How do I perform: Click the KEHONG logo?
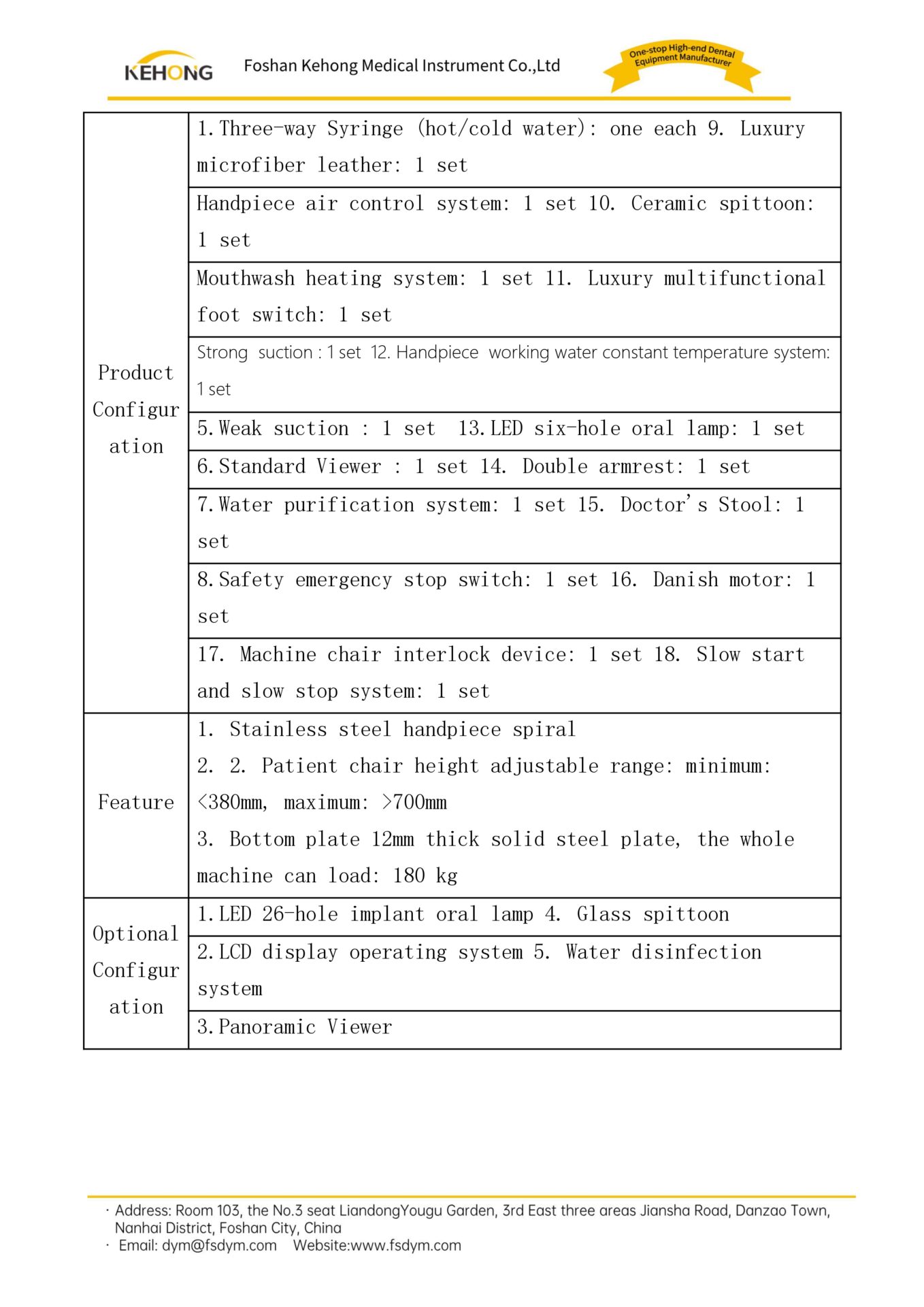(x=168, y=67)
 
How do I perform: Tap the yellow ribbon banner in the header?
(x=682, y=65)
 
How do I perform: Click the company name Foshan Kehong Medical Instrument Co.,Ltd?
(x=401, y=66)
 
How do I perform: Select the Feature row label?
(x=136, y=803)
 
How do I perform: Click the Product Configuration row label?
(x=136, y=409)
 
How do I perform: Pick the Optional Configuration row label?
(x=136, y=970)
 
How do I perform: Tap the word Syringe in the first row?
(x=365, y=129)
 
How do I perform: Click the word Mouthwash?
(x=246, y=278)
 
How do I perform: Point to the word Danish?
(x=685, y=580)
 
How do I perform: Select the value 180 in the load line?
(x=408, y=876)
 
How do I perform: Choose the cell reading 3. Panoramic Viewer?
(x=295, y=1027)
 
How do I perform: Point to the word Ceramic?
(x=668, y=204)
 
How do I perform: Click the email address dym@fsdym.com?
(x=219, y=1246)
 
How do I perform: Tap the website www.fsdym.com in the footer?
(x=406, y=1246)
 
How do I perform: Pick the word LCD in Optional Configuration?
(x=235, y=952)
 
